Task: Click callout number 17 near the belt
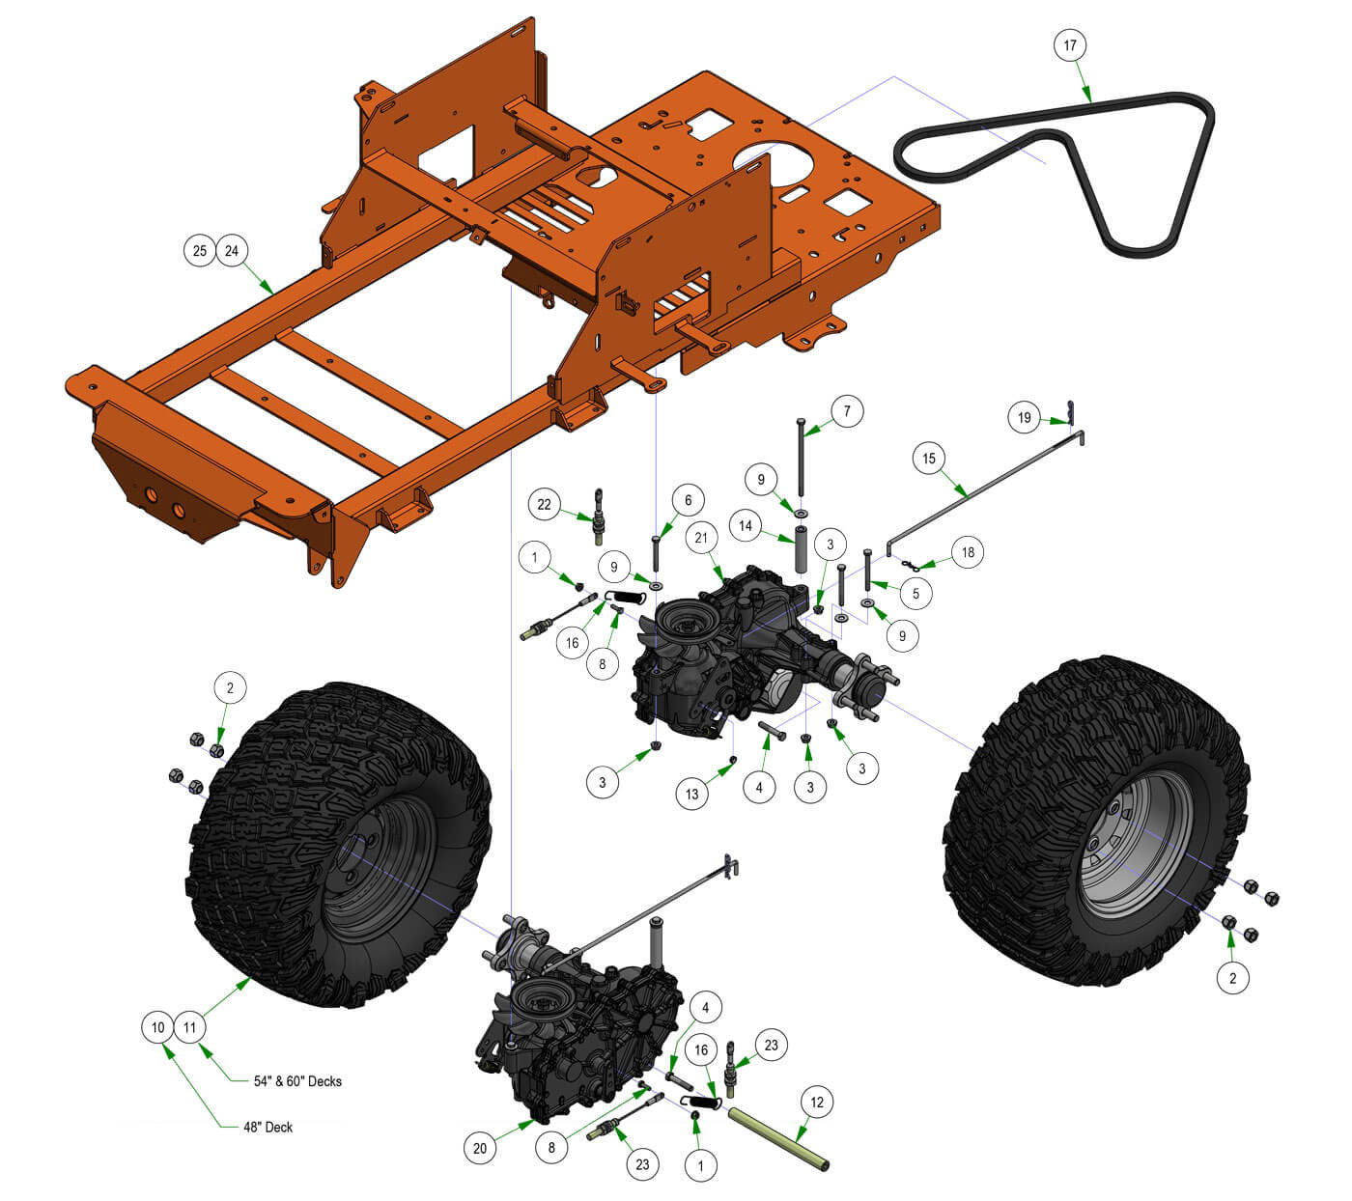pyautogui.click(x=1069, y=45)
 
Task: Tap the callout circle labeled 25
pyautogui.click(x=199, y=251)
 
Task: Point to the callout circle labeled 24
pyautogui.click(x=232, y=251)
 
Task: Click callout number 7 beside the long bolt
pyautogui.click(x=847, y=412)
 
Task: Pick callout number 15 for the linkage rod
pyautogui.click(x=929, y=459)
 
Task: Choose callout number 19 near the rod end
pyautogui.click(x=1025, y=418)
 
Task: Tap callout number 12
pyautogui.click(x=817, y=1103)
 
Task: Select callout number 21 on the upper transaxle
pyautogui.click(x=701, y=537)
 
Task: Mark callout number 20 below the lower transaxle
pyautogui.click(x=480, y=1148)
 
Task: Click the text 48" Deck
pyautogui.click(x=268, y=1127)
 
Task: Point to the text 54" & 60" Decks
pyautogui.click(x=297, y=1081)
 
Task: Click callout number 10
pyautogui.click(x=158, y=1027)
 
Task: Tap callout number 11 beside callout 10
pyautogui.click(x=190, y=1027)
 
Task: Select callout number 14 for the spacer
pyautogui.click(x=746, y=526)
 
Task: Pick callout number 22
pyautogui.click(x=545, y=504)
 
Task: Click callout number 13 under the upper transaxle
pyautogui.click(x=692, y=796)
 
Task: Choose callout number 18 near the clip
pyautogui.click(x=968, y=552)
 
